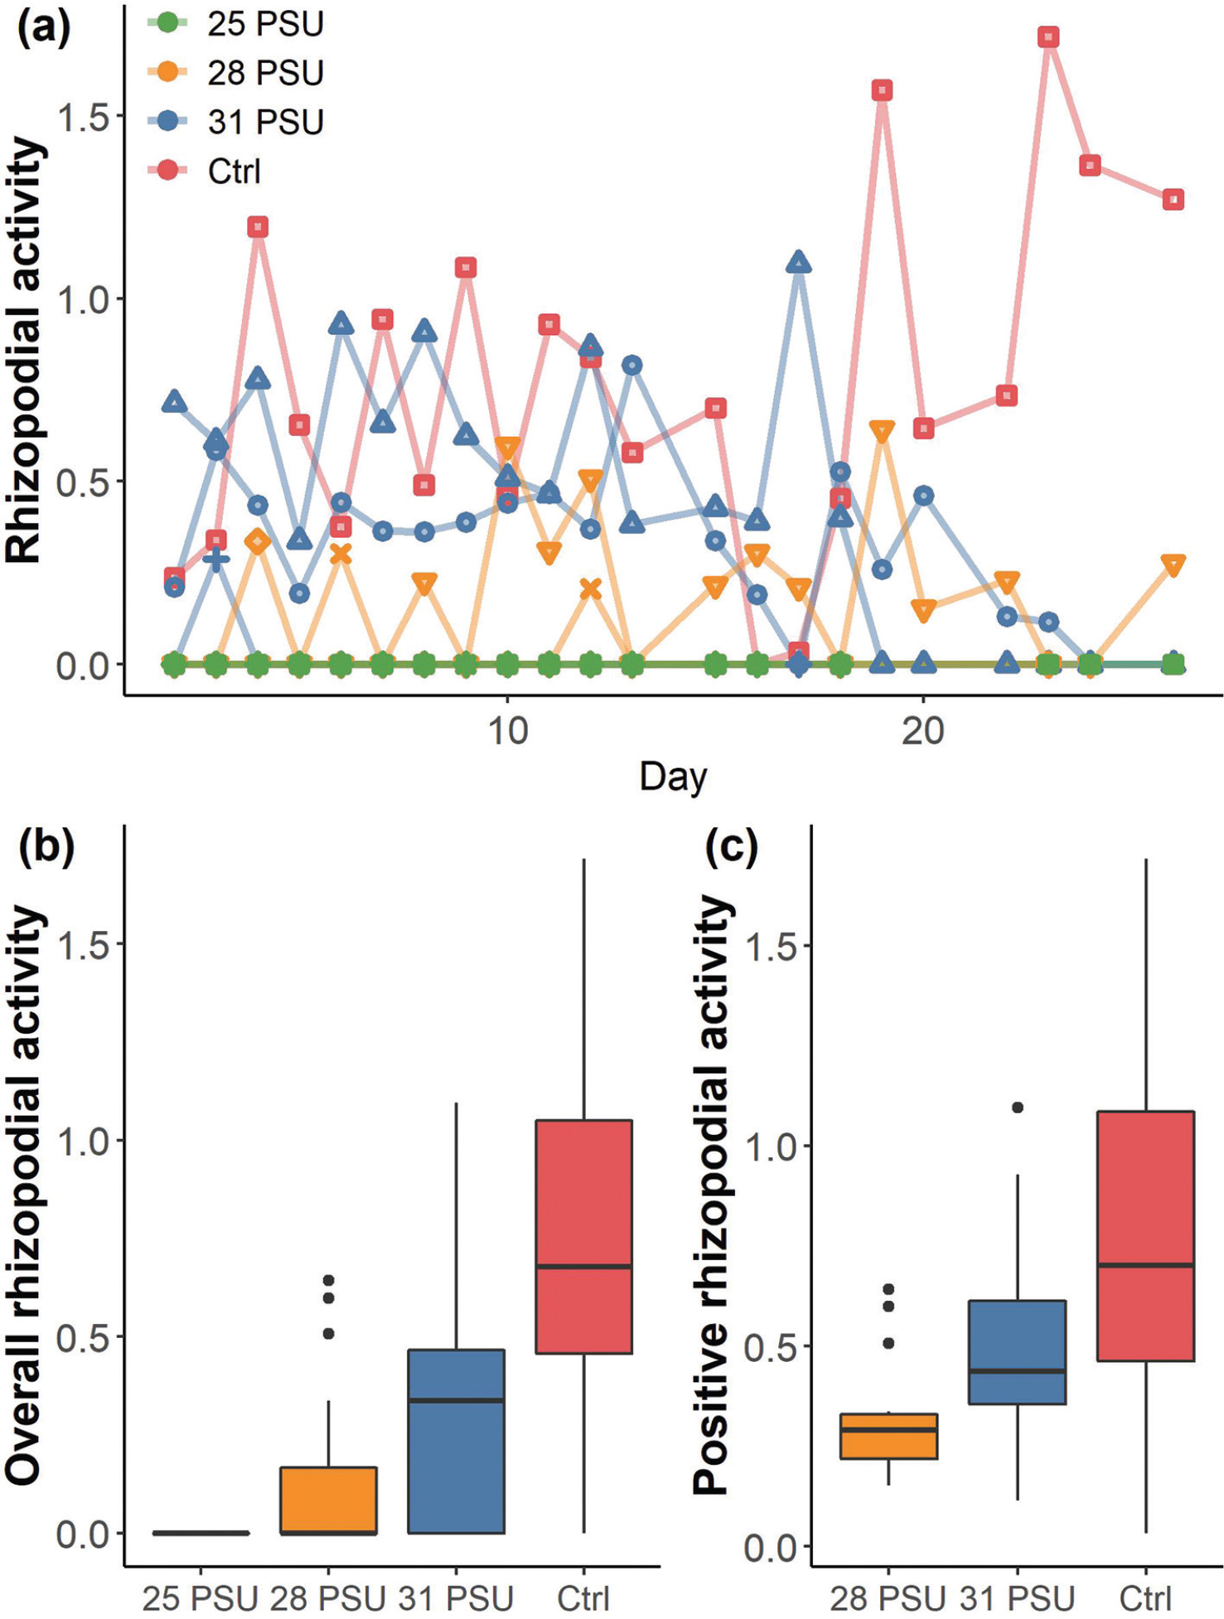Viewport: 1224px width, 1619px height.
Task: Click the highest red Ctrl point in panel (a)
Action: click(1049, 37)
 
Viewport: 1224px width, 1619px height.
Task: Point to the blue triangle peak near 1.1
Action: click(798, 263)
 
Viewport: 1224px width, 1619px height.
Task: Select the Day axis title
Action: click(673, 777)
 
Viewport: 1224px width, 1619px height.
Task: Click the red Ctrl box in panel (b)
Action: click(584, 1235)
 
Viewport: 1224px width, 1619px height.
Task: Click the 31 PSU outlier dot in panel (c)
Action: click(1018, 1107)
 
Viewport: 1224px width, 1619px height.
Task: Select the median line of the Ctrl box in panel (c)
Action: click(1146, 1265)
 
